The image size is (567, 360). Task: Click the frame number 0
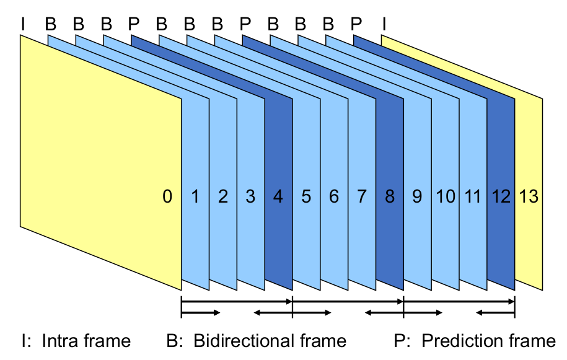coord(167,197)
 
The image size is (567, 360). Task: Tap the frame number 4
coord(278,197)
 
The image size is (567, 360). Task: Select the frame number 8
coord(389,197)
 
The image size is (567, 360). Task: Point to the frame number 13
coord(529,197)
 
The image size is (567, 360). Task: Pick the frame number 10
coord(445,197)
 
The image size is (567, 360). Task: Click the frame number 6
coord(333,197)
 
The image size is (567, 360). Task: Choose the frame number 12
coord(501,197)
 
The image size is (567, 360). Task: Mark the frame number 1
coord(195,197)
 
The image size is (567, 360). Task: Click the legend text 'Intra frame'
coord(86,341)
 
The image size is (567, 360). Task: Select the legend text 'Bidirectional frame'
coord(270,341)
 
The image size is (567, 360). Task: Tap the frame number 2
coord(222,197)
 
